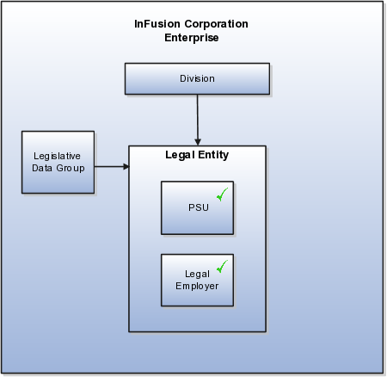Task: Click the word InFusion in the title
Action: pyautogui.click(x=157, y=24)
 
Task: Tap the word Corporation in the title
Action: pyautogui.click(x=217, y=24)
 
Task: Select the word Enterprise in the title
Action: pyautogui.click(x=192, y=38)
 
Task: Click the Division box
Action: pyautogui.click(x=197, y=79)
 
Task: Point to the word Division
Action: pyautogui.click(x=197, y=78)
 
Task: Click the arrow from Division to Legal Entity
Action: pyautogui.click(x=198, y=120)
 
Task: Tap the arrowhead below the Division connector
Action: pyautogui.click(x=198, y=142)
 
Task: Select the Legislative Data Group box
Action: pyautogui.click(x=58, y=163)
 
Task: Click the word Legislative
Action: pyautogui.click(x=57, y=157)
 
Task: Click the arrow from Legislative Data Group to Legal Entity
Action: pyautogui.click(x=112, y=166)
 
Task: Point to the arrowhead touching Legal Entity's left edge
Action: pyautogui.click(x=126, y=166)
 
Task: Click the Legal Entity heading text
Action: pyautogui.click(x=197, y=155)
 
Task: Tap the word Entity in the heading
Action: pyautogui.click(x=213, y=155)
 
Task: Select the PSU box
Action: pyautogui.click(x=198, y=208)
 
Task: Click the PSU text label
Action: pyautogui.click(x=199, y=207)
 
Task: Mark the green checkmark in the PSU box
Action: pyautogui.click(x=222, y=195)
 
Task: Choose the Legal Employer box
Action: pyautogui.click(x=198, y=281)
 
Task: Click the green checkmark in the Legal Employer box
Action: pyautogui.click(x=222, y=267)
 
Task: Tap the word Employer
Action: pyautogui.click(x=197, y=287)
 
